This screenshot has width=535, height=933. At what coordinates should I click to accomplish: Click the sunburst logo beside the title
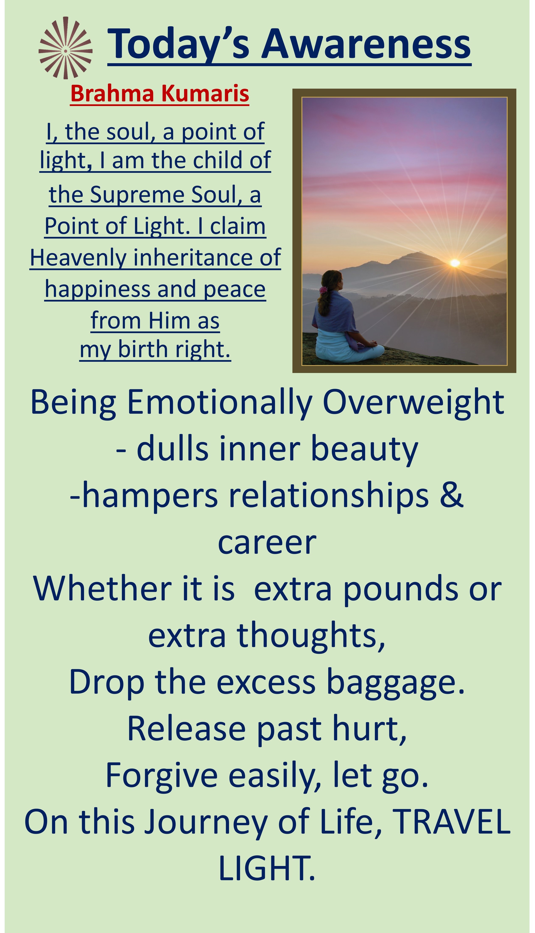click(65, 48)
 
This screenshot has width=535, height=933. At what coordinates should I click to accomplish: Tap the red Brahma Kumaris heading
click(160, 94)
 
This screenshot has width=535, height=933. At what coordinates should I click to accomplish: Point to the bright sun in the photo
click(455, 263)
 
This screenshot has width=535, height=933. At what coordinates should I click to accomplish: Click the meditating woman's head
click(332, 281)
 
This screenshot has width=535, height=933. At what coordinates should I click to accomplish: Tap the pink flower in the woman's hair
click(323, 290)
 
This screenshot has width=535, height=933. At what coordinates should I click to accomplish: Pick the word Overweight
click(413, 403)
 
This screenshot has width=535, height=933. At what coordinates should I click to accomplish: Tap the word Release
click(187, 729)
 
